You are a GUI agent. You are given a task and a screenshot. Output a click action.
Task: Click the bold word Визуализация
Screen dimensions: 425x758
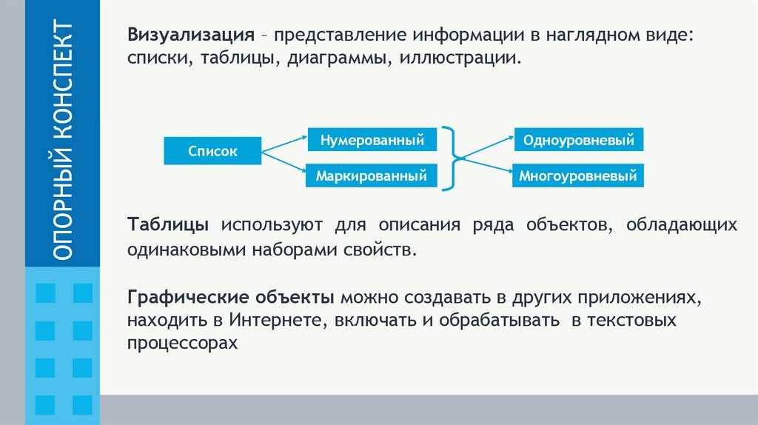[191, 36]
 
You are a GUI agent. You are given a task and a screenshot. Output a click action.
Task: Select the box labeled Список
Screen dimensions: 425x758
[212, 151]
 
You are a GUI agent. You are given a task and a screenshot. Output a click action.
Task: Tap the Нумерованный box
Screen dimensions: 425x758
[372, 139]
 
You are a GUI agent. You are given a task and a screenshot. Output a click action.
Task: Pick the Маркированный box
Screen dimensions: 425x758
[372, 176]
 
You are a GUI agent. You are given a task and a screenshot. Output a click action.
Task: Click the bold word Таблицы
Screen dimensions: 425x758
[167, 225]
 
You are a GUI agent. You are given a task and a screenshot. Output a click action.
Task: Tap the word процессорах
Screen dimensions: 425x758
[182, 344]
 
